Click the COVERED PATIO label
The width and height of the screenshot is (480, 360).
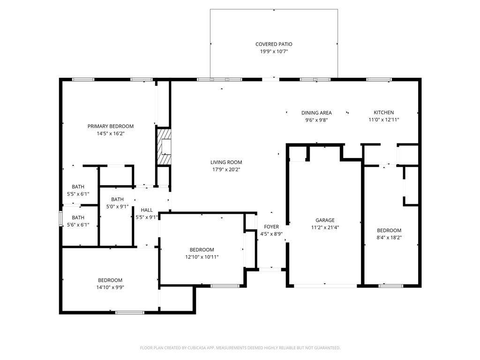click(274, 45)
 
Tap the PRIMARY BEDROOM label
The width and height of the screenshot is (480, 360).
click(111, 126)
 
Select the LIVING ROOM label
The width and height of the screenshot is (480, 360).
click(226, 162)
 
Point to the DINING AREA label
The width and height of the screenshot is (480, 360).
click(316, 112)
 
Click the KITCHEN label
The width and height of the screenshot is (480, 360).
click(383, 112)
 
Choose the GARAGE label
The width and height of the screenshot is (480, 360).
click(325, 220)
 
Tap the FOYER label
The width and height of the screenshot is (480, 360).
click(271, 226)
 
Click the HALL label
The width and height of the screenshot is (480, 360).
click(147, 210)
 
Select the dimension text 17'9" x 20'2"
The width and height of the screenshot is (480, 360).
click(226, 170)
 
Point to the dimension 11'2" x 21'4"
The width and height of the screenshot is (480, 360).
click(325, 227)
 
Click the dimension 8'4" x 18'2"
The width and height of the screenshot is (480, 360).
click(389, 238)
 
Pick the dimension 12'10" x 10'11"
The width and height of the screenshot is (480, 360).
click(202, 257)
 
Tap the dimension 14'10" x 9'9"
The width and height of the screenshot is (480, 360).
click(110, 287)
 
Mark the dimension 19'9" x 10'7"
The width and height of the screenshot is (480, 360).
click(274, 52)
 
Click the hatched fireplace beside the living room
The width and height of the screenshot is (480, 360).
click(164, 147)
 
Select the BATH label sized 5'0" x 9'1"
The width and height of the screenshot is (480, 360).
click(117, 199)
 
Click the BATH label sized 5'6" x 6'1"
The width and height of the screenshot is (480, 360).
click(78, 217)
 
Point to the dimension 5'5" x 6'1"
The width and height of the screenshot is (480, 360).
click(78, 194)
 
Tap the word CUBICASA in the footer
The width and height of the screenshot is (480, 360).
click(198, 348)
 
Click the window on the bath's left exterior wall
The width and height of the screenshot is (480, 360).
click(60, 218)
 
